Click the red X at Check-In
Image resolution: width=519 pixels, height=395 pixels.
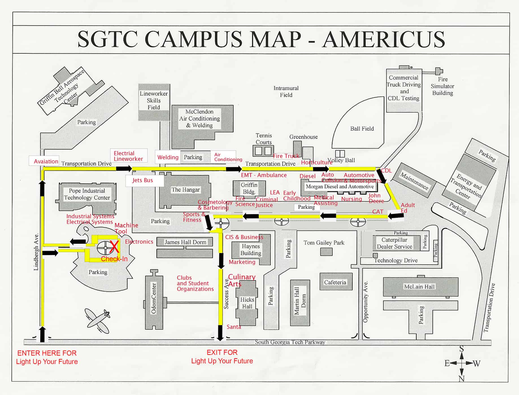tap(114, 247)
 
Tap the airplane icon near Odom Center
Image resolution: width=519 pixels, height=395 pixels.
tap(98, 321)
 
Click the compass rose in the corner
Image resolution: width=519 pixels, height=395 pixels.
tap(462, 363)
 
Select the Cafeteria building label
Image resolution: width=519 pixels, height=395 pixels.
tap(335, 282)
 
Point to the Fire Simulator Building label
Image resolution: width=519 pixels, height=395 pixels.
tap(442, 86)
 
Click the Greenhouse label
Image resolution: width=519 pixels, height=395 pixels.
tap(303, 137)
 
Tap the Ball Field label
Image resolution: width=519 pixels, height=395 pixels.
tap(362, 129)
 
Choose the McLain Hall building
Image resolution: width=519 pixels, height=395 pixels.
tap(419, 287)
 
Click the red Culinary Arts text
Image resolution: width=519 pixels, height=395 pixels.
tap(241, 280)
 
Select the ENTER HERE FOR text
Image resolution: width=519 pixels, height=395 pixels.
tap(47, 353)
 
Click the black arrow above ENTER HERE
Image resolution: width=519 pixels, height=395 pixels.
tap(42, 334)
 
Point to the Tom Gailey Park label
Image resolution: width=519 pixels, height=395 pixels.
tap(324, 243)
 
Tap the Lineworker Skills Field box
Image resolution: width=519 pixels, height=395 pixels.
tap(154, 100)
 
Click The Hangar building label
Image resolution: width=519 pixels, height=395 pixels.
tap(186, 190)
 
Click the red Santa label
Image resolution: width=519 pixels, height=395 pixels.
tap(234, 327)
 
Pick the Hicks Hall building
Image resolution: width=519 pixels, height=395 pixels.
tap(247, 303)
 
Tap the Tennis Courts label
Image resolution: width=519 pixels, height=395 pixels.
tap(264, 139)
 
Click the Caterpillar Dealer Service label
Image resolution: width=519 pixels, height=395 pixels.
tap(394, 243)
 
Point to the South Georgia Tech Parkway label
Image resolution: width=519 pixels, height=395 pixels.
tap(290, 342)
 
